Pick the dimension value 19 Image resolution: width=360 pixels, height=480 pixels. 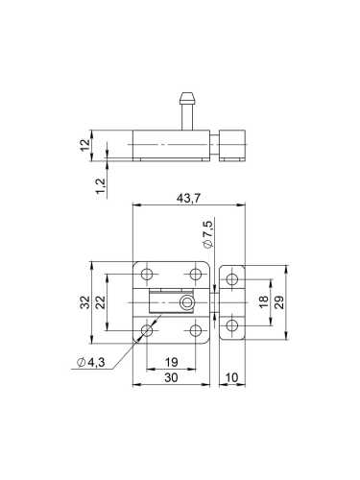[169, 363]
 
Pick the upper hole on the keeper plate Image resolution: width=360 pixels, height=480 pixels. [231, 279]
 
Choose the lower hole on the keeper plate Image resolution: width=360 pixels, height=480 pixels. [231, 325]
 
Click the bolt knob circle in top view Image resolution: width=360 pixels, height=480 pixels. [187, 304]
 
